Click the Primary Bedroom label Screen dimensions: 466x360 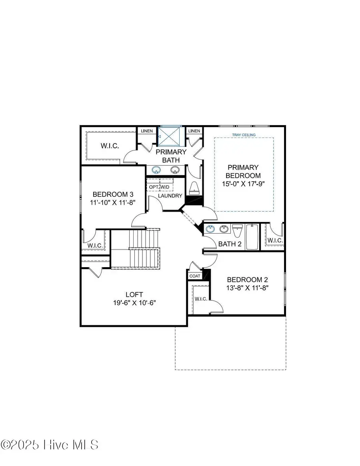coord(243,171)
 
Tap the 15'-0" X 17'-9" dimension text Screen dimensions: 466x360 coord(243,184)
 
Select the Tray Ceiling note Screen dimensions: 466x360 coord(243,135)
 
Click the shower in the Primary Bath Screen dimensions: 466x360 coord(171,137)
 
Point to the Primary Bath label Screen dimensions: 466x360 coord(171,156)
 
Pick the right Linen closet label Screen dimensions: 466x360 coord(194,131)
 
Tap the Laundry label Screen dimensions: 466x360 coord(170,196)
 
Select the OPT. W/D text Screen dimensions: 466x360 coord(159,187)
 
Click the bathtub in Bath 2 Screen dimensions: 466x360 coord(252,237)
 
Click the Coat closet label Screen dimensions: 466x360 coord(195,276)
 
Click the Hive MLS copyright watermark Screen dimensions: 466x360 coord(50,444)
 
